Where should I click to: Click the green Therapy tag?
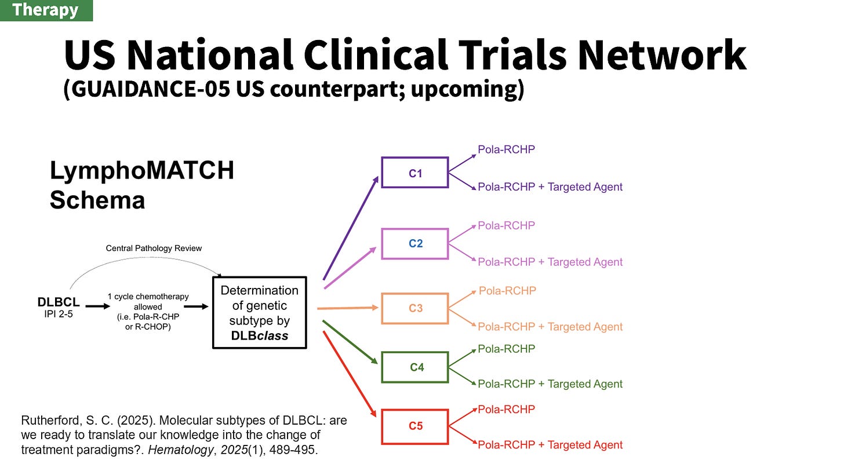click(x=46, y=10)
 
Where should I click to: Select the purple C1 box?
click(x=414, y=173)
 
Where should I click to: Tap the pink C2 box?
click(x=414, y=243)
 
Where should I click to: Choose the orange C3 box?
click(x=414, y=308)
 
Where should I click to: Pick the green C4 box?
click(x=414, y=367)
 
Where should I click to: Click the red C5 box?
click(x=414, y=426)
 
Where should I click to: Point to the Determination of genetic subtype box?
click(x=259, y=313)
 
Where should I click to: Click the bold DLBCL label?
click(x=59, y=302)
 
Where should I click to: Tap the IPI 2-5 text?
click(x=59, y=315)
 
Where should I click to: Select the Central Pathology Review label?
click(x=154, y=248)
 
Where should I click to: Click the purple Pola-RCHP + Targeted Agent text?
click(x=550, y=187)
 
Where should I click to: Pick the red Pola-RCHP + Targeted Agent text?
click(x=550, y=445)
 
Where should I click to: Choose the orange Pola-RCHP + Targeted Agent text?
click(x=550, y=327)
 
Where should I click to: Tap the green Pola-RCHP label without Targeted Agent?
click(x=506, y=349)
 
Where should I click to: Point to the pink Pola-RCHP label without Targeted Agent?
click(x=506, y=225)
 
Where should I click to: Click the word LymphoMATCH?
click(x=142, y=171)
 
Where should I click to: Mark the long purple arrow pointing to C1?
click(x=351, y=228)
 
